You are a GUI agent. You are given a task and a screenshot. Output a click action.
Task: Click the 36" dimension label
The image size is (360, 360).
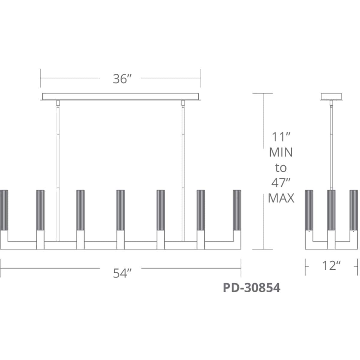pyautogui.click(x=122, y=79)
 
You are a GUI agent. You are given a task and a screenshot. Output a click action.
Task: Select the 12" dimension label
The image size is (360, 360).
pyautogui.click(x=331, y=265)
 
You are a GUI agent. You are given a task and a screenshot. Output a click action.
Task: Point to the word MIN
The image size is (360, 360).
pyautogui.click(x=281, y=152)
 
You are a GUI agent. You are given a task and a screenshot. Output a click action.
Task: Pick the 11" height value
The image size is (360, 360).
pyautogui.click(x=281, y=137)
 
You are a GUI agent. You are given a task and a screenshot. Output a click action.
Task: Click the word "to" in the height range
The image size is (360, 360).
pyautogui.click(x=281, y=168)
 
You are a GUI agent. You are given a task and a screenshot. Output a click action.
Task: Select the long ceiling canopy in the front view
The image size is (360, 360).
pyautogui.click(x=121, y=97)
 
